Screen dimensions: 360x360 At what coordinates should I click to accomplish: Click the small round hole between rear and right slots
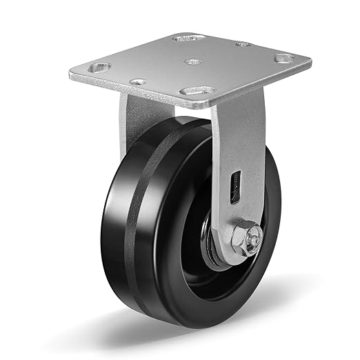click(x=243, y=45)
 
